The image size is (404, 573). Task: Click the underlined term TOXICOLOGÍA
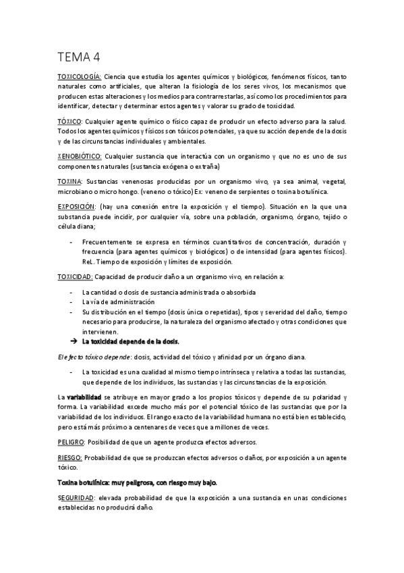[80, 78]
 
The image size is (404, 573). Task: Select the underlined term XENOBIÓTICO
[80, 156]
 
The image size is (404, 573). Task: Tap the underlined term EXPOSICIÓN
[78, 205]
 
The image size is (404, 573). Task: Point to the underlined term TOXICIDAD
[75, 277]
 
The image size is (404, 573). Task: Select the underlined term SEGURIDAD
[76, 497]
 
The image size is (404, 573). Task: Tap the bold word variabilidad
[84, 397]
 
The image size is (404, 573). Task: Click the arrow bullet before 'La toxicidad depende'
[74, 341]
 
